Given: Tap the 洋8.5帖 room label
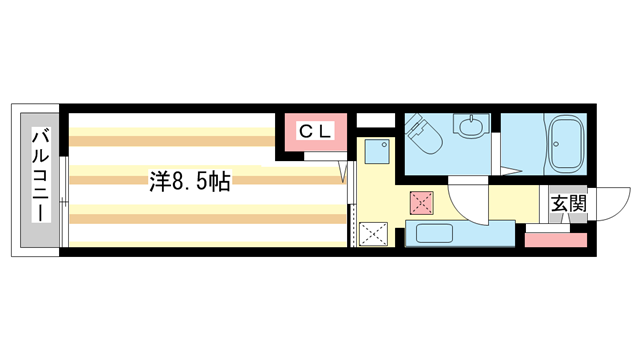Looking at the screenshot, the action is point(190,182).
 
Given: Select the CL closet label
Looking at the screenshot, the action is point(316,130).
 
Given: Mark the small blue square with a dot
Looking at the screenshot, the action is point(377,151).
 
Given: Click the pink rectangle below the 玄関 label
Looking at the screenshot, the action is point(556,239).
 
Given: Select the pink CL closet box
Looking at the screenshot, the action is point(316,135).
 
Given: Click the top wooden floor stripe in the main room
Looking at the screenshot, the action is point(170,129).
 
